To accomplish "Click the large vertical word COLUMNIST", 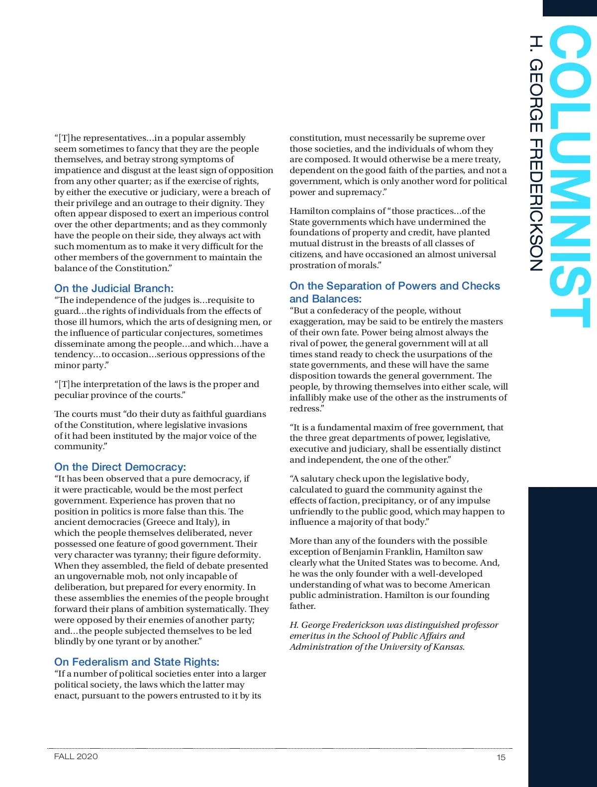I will tap(570, 177).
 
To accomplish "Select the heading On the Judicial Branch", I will tap(114, 289).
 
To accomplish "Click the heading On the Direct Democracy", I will tap(120, 467).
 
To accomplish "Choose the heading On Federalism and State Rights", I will tap(137, 662).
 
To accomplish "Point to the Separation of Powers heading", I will tap(395, 292).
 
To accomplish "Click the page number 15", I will tap(500, 757).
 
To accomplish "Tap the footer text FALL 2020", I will tap(76, 757).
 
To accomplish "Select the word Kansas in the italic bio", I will tap(448, 647).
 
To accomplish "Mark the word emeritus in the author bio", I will tap(308, 636).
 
